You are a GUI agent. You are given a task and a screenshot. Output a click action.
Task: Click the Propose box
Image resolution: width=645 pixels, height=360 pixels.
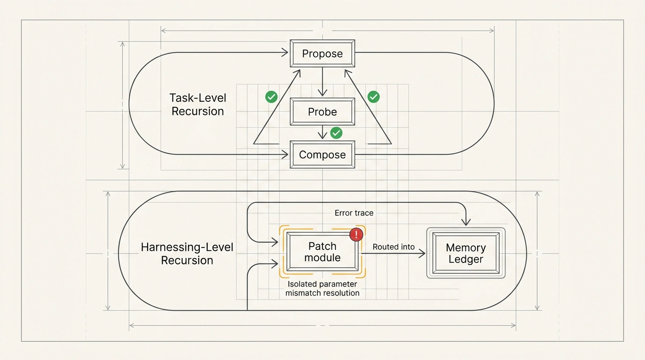(x=322, y=53)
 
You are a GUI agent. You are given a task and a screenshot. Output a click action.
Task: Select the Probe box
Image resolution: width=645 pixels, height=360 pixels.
(x=322, y=112)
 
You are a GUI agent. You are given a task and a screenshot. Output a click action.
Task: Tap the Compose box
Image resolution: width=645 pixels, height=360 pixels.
(x=322, y=155)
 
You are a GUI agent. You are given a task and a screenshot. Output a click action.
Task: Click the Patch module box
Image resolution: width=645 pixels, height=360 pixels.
(x=322, y=252)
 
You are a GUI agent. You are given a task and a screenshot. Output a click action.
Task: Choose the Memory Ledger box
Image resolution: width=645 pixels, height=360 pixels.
(x=466, y=253)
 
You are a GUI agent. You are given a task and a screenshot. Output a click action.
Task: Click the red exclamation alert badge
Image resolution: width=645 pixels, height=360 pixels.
(x=356, y=234)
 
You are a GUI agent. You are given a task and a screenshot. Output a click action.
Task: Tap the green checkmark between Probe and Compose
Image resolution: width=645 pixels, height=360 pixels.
(x=336, y=133)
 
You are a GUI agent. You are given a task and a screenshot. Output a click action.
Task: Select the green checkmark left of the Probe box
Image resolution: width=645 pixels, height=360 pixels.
(x=271, y=97)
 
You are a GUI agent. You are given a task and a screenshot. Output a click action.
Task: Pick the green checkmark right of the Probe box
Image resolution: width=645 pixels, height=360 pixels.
(x=374, y=97)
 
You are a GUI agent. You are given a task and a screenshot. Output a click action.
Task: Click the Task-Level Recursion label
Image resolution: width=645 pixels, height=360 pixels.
(x=198, y=105)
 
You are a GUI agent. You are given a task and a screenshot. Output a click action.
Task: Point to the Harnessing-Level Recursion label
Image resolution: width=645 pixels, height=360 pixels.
(x=187, y=254)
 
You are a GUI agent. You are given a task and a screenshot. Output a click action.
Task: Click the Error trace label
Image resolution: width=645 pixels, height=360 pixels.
(x=354, y=213)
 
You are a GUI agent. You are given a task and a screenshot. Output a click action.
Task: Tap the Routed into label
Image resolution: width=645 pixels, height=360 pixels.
(x=394, y=247)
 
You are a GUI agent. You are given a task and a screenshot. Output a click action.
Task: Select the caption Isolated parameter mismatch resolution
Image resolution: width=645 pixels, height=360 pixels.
(x=322, y=289)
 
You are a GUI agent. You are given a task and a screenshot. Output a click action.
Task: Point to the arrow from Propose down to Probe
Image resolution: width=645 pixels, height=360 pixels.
(x=322, y=82)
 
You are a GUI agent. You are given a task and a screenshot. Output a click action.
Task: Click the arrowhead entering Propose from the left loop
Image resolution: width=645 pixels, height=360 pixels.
(x=285, y=52)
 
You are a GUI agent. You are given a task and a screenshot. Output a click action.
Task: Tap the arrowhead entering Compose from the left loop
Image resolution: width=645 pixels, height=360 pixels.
(x=285, y=155)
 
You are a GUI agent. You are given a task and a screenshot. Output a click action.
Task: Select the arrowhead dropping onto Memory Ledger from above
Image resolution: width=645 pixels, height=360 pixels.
(x=466, y=222)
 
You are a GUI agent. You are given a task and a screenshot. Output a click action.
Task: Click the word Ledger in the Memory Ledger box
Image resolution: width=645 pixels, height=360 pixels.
(x=465, y=259)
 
